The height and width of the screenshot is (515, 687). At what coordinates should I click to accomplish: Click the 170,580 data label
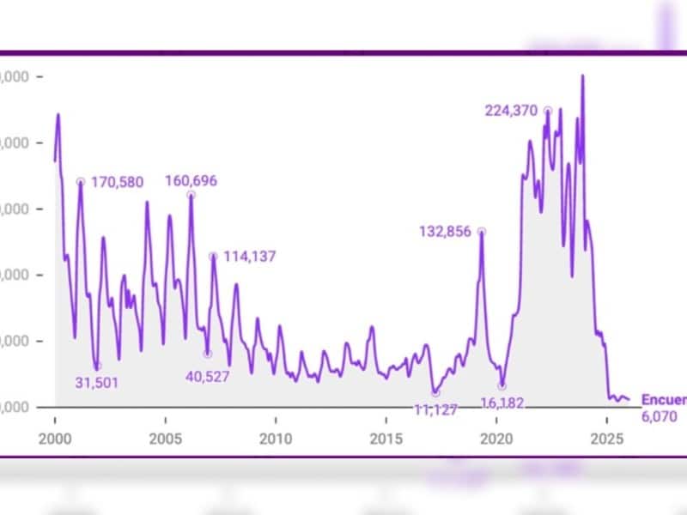click(117, 181)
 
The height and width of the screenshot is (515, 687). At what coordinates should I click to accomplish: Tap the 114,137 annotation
click(249, 256)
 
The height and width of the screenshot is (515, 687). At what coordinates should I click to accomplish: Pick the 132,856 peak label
click(446, 231)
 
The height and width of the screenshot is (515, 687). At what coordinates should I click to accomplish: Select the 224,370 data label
click(511, 110)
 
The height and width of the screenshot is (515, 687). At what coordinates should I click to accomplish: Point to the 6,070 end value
click(660, 417)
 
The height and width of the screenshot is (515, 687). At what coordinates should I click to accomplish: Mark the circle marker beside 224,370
click(547, 110)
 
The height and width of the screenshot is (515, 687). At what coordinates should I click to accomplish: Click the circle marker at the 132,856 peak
click(482, 231)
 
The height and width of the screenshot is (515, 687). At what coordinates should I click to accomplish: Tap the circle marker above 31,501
click(97, 367)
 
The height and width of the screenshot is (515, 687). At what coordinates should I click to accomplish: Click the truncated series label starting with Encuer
click(663, 400)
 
